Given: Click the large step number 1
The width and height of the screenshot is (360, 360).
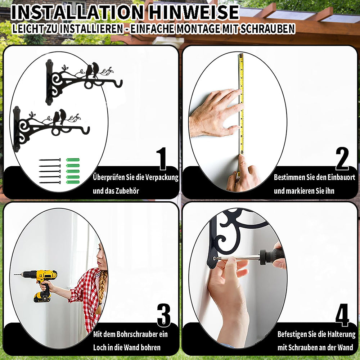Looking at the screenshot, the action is pyautogui.click(x=162, y=159).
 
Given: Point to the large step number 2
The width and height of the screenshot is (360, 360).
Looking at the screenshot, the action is pyautogui.click(x=342, y=159).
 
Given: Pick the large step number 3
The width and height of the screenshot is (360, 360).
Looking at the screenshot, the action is pyautogui.click(x=164, y=315).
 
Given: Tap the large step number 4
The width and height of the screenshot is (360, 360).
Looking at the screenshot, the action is pyautogui.click(x=342, y=315).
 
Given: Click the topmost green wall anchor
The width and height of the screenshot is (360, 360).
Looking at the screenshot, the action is pyautogui.click(x=73, y=160).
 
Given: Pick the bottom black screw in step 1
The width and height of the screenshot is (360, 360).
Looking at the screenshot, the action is pyautogui.click(x=50, y=183).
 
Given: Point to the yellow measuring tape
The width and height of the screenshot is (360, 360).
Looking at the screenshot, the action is pyautogui.click(x=241, y=104).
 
